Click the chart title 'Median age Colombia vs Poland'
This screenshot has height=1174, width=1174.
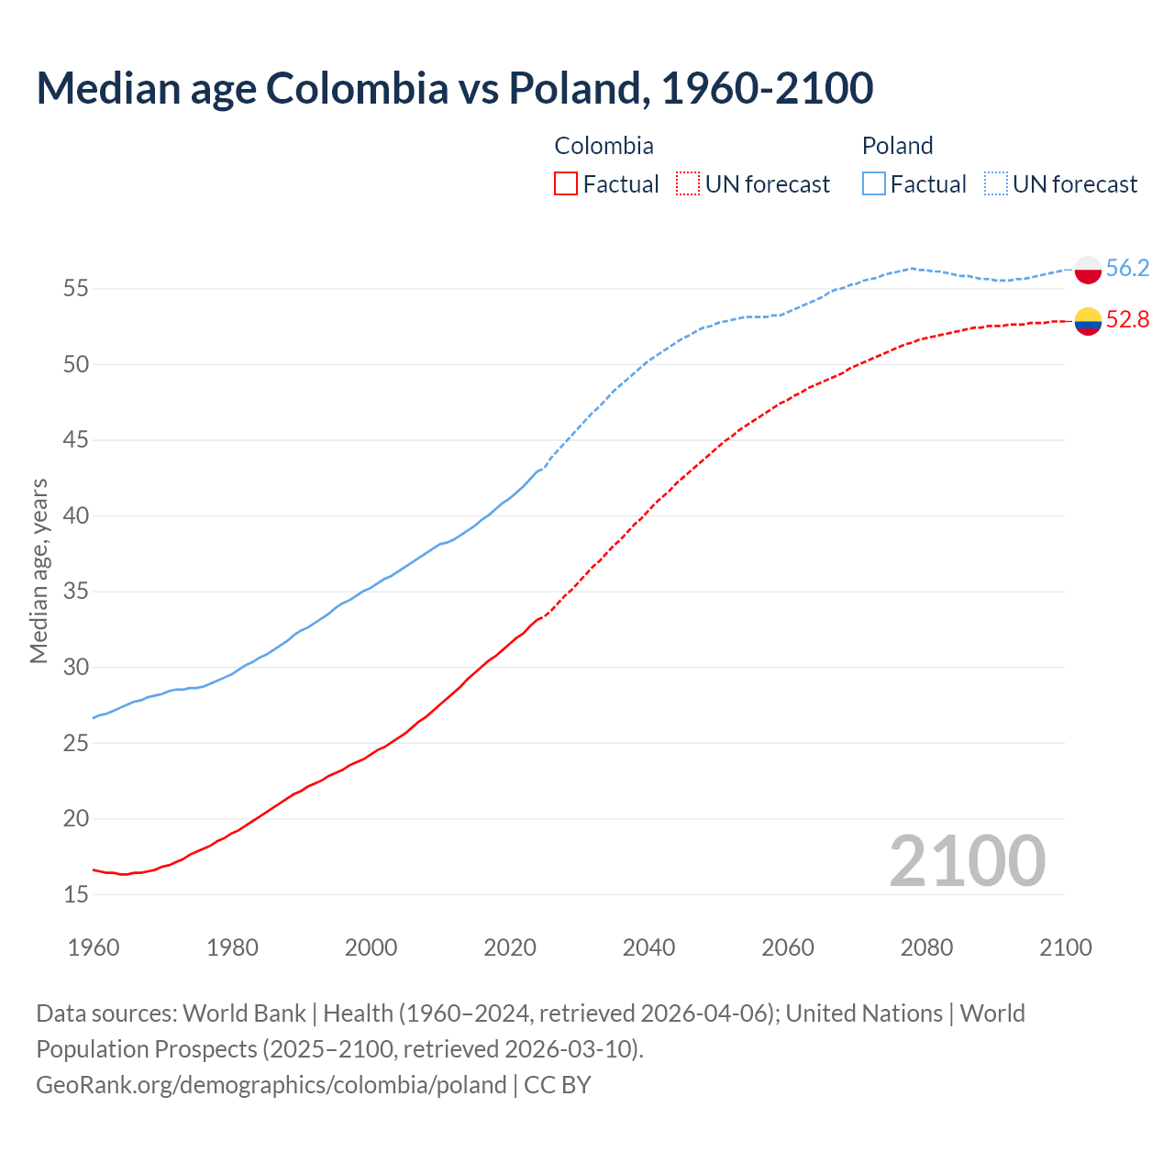pyautogui.click(x=454, y=88)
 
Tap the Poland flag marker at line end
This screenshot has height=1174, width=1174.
pyautogui.click(x=1088, y=270)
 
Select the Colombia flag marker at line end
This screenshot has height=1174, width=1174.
pyautogui.click(x=1088, y=321)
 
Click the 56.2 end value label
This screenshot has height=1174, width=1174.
pyautogui.click(x=1127, y=268)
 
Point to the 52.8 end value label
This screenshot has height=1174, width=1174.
pyautogui.click(x=1127, y=319)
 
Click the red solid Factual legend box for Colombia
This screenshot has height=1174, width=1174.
pyautogui.click(x=566, y=183)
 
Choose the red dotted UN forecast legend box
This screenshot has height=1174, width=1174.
pyautogui.click(x=688, y=183)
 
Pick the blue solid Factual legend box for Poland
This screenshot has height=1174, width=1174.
pyautogui.click(x=874, y=183)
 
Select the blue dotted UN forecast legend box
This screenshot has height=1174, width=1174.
pyautogui.click(x=996, y=183)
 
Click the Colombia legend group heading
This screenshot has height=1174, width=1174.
pyautogui.click(x=604, y=146)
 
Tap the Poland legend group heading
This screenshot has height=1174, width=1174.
pyautogui.click(x=897, y=146)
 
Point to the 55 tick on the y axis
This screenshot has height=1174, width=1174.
pyautogui.click(x=76, y=289)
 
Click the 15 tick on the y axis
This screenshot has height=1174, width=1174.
pyautogui.click(x=76, y=894)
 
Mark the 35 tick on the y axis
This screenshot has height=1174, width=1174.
pyautogui.click(x=76, y=592)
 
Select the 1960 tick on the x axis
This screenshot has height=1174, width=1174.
pyautogui.click(x=94, y=947)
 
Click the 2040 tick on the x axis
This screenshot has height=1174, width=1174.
pyautogui.click(x=648, y=947)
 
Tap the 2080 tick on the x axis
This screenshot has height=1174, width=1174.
pyautogui.click(x=926, y=947)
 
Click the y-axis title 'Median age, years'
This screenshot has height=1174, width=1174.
pyautogui.click(x=39, y=570)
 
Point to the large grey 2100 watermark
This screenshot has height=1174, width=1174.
pyautogui.click(x=967, y=860)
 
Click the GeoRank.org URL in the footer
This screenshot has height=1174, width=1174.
pyautogui.click(x=271, y=1085)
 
